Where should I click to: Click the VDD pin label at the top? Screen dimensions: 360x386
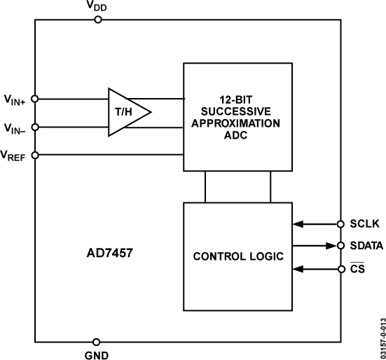tap(97, 6)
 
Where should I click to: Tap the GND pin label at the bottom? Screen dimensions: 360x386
tap(97, 354)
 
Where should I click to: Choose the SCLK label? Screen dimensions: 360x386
tap(364, 224)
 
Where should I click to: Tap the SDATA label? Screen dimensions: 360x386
tap(366, 246)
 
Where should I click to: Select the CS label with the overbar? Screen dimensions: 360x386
tap(357, 268)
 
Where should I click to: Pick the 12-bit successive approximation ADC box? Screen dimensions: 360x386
tap(237, 117)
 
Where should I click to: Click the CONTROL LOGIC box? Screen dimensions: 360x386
tap(237, 257)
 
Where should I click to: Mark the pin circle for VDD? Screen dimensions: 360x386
tap(97, 20)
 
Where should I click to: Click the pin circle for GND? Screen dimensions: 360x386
tap(97, 341)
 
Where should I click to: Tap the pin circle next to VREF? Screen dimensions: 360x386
tap(35, 155)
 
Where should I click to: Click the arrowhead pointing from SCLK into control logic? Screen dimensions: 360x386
tap(298, 224)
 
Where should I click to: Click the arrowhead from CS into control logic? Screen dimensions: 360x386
tap(298, 268)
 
